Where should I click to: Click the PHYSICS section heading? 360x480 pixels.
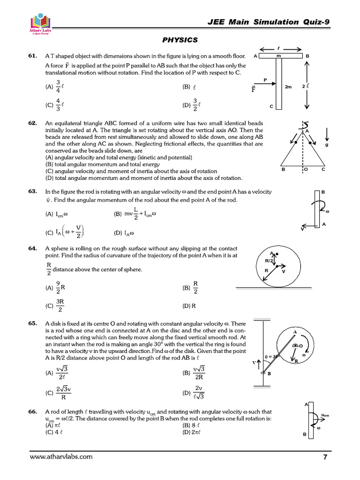coord(180,40)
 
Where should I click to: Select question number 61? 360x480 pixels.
coord(33,56)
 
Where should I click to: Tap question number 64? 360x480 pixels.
coord(33,248)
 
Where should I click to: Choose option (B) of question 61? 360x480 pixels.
coord(189,87)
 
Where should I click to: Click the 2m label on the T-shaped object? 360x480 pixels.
coord(288,87)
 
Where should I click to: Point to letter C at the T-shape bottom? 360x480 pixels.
coord(271,106)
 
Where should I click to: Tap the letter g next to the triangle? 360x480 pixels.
coord(326,145)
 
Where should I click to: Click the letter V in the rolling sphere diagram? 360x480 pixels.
coord(284,270)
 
